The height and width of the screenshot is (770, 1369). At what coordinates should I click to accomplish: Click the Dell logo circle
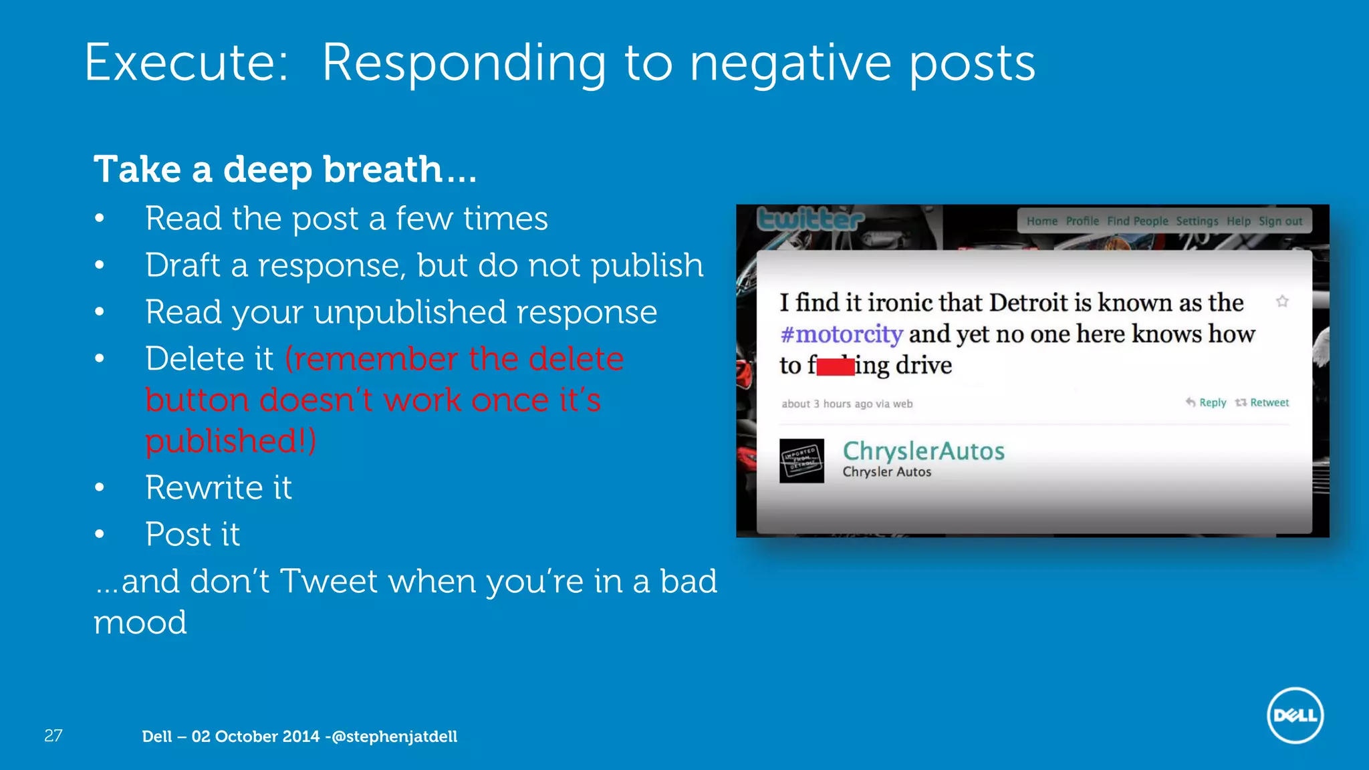click(x=1295, y=715)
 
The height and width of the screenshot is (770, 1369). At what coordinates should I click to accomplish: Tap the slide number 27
click(x=53, y=736)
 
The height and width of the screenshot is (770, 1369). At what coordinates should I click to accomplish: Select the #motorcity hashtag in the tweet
click(x=841, y=334)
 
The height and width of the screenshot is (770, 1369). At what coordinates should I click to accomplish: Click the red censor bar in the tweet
click(x=835, y=366)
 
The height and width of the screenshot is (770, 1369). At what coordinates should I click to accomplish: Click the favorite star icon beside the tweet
click(x=1282, y=301)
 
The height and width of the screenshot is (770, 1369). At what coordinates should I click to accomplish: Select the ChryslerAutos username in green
click(x=923, y=451)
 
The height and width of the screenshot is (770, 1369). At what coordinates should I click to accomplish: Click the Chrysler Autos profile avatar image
click(x=801, y=461)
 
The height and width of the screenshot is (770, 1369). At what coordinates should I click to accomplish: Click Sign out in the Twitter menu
click(x=1280, y=221)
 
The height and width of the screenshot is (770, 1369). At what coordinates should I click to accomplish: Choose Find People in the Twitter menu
click(x=1137, y=221)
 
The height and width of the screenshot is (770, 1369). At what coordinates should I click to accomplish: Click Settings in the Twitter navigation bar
click(x=1197, y=221)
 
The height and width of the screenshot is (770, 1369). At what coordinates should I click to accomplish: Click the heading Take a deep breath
click(x=285, y=169)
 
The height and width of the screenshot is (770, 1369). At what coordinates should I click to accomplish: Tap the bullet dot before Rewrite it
click(x=100, y=487)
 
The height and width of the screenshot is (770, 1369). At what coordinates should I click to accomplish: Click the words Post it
click(x=193, y=534)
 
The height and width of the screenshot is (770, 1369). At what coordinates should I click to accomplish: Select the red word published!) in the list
click(x=231, y=440)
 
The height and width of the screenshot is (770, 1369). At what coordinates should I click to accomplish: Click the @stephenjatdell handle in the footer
click(x=394, y=737)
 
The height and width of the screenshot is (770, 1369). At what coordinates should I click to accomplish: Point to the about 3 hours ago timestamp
click(x=846, y=404)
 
